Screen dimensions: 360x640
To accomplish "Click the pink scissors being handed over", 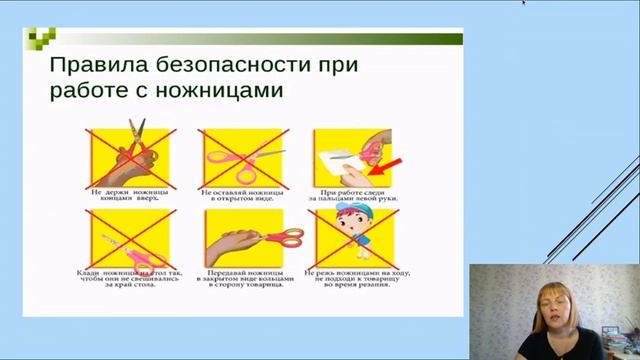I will tap(281, 237).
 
